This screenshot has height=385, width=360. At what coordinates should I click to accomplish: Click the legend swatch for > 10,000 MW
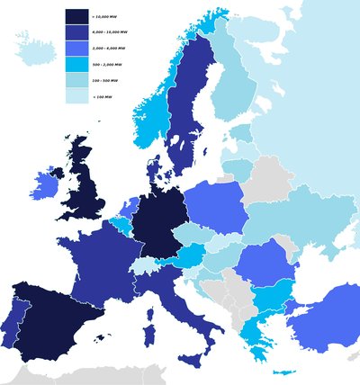(x=76, y=17)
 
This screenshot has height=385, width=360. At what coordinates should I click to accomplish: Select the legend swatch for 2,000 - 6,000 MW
(x=76, y=49)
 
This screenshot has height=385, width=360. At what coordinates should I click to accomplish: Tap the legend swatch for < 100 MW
(x=76, y=97)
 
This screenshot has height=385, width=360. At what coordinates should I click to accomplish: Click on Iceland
(x=32, y=52)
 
